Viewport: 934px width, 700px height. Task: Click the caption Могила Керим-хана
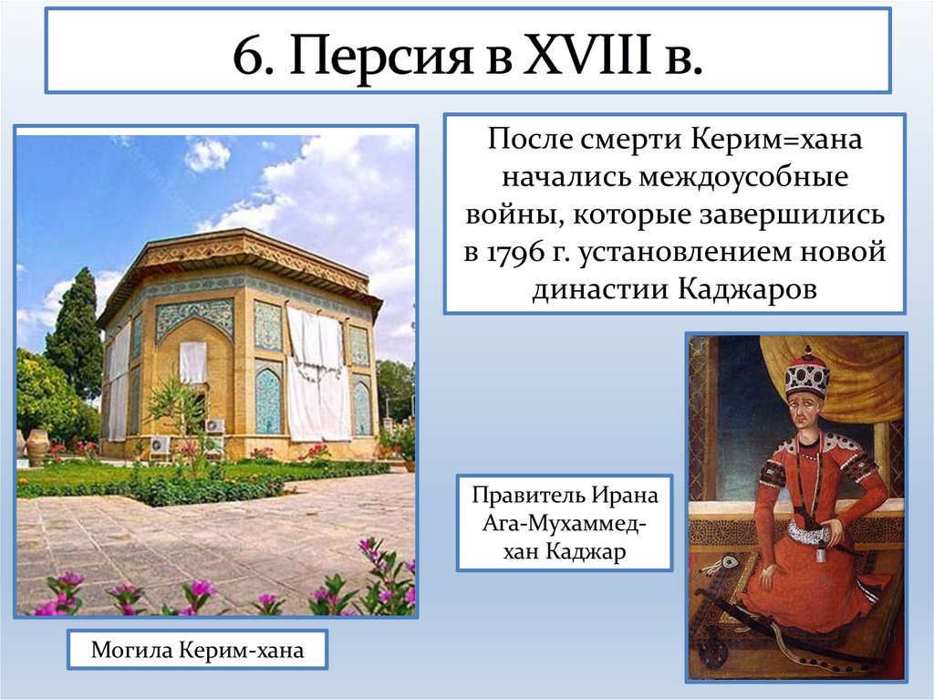click(196, 652)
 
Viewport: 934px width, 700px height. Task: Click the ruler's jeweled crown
click(807, 373)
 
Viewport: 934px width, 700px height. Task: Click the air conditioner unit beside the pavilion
click(215, 426)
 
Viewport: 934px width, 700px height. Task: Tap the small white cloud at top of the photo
click(208, 154)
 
